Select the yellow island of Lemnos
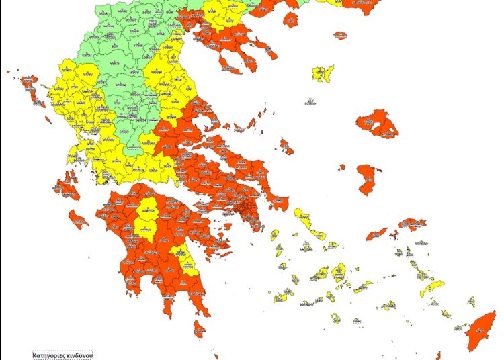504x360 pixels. pos(323,73)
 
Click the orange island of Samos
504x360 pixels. pos(412,224)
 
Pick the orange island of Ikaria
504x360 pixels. pos(377,234)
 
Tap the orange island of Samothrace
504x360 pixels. pos(340,35)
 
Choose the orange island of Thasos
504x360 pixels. pos(291,19)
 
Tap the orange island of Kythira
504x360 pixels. pos(199,328)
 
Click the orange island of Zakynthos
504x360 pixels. pos(78,218)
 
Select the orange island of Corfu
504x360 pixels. pos(30,87)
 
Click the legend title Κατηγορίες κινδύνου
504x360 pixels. pos(63,355)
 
